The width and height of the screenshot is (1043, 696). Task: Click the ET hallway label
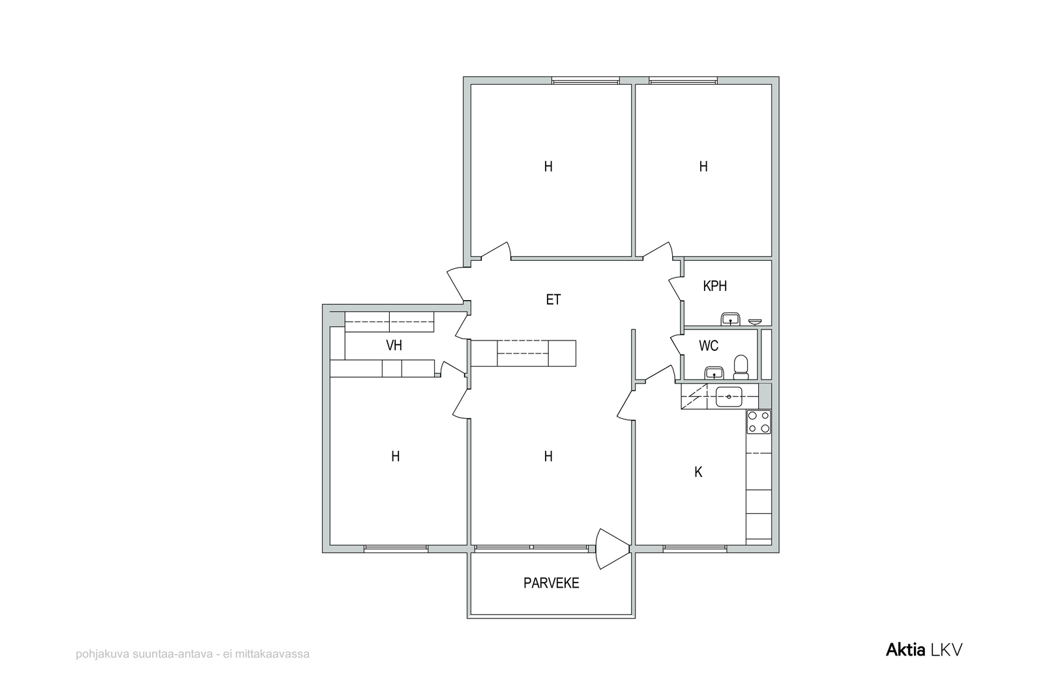[x=553, y=299]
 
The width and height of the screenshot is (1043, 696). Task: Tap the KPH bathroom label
[x=714, y=286]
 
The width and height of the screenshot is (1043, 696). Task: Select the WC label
[x=709, y=346]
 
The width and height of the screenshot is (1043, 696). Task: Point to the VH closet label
[x=394, y=345]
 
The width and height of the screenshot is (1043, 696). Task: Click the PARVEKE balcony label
[x=551, y=583]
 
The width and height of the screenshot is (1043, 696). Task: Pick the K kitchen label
[x=698, y=472]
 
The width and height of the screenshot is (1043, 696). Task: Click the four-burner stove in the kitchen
[x=759, y=422]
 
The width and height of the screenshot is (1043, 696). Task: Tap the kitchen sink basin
[x=729, y=397]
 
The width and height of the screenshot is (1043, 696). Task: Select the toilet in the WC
[x=741, y=367]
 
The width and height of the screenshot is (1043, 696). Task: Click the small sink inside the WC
[x=714, y=373]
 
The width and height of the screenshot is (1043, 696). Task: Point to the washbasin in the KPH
[x=730, y=320]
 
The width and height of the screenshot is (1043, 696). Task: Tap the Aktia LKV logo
[x=924, y=650]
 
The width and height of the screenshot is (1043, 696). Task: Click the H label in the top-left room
[x=548, y=167]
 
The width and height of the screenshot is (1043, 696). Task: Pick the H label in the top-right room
[x=703, y=167]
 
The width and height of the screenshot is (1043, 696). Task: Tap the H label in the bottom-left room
[x=395, y=457]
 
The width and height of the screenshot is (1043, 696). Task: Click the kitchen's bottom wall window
[x=695, y=549]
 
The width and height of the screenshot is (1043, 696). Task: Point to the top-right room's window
[x=683, y=81]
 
